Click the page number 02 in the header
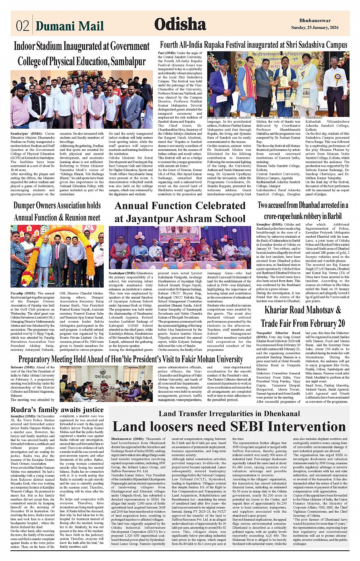(22, 26)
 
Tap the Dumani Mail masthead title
(69, 26)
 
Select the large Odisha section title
(180, 24)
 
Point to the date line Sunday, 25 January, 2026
(315, 28)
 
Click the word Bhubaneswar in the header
(315, 21)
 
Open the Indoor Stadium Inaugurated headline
(82, 54)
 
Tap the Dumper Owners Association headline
(57, 211)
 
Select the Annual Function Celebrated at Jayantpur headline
(180, 212)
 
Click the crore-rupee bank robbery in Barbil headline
(303, 211)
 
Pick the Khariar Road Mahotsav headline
(303, 316)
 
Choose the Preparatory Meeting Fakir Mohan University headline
(131, 359)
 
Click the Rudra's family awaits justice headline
(57, 410)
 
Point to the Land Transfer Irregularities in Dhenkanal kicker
(229, 414)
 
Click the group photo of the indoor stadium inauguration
(82, 100)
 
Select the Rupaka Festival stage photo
(278, 84)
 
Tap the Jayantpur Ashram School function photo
(180, 248)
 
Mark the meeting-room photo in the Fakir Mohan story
(106, 384)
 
